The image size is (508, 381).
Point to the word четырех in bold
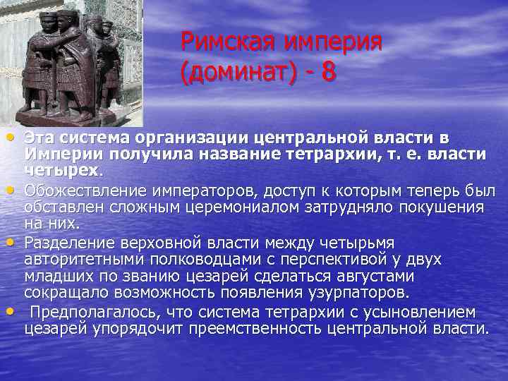[62, 169]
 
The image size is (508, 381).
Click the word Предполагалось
[90, 311]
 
